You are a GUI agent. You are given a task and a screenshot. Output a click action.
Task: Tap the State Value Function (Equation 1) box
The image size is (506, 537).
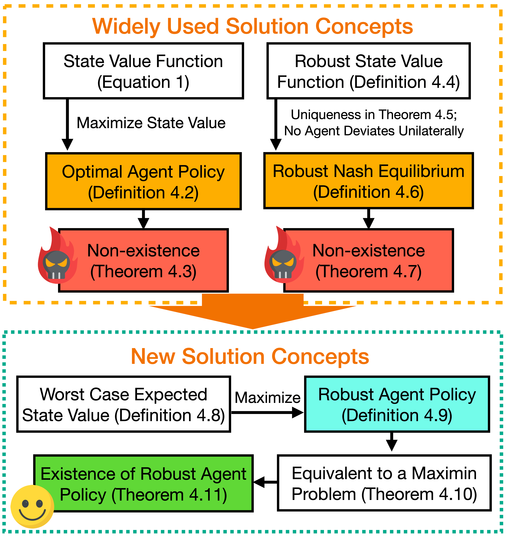click(x=143, y=71)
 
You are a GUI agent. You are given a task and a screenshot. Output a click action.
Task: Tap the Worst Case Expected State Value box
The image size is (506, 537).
click(x=123, y=404)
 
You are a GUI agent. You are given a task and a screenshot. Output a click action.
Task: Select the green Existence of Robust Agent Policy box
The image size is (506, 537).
click(x=143, y=484)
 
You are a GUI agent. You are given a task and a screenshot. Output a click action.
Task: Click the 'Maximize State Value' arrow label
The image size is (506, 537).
click(x=151, y=123)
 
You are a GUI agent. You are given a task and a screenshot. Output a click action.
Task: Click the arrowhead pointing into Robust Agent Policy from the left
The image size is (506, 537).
click(x=298, y=413)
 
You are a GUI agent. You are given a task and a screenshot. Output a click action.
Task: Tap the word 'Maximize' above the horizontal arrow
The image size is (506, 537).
click(x=267, y=398)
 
